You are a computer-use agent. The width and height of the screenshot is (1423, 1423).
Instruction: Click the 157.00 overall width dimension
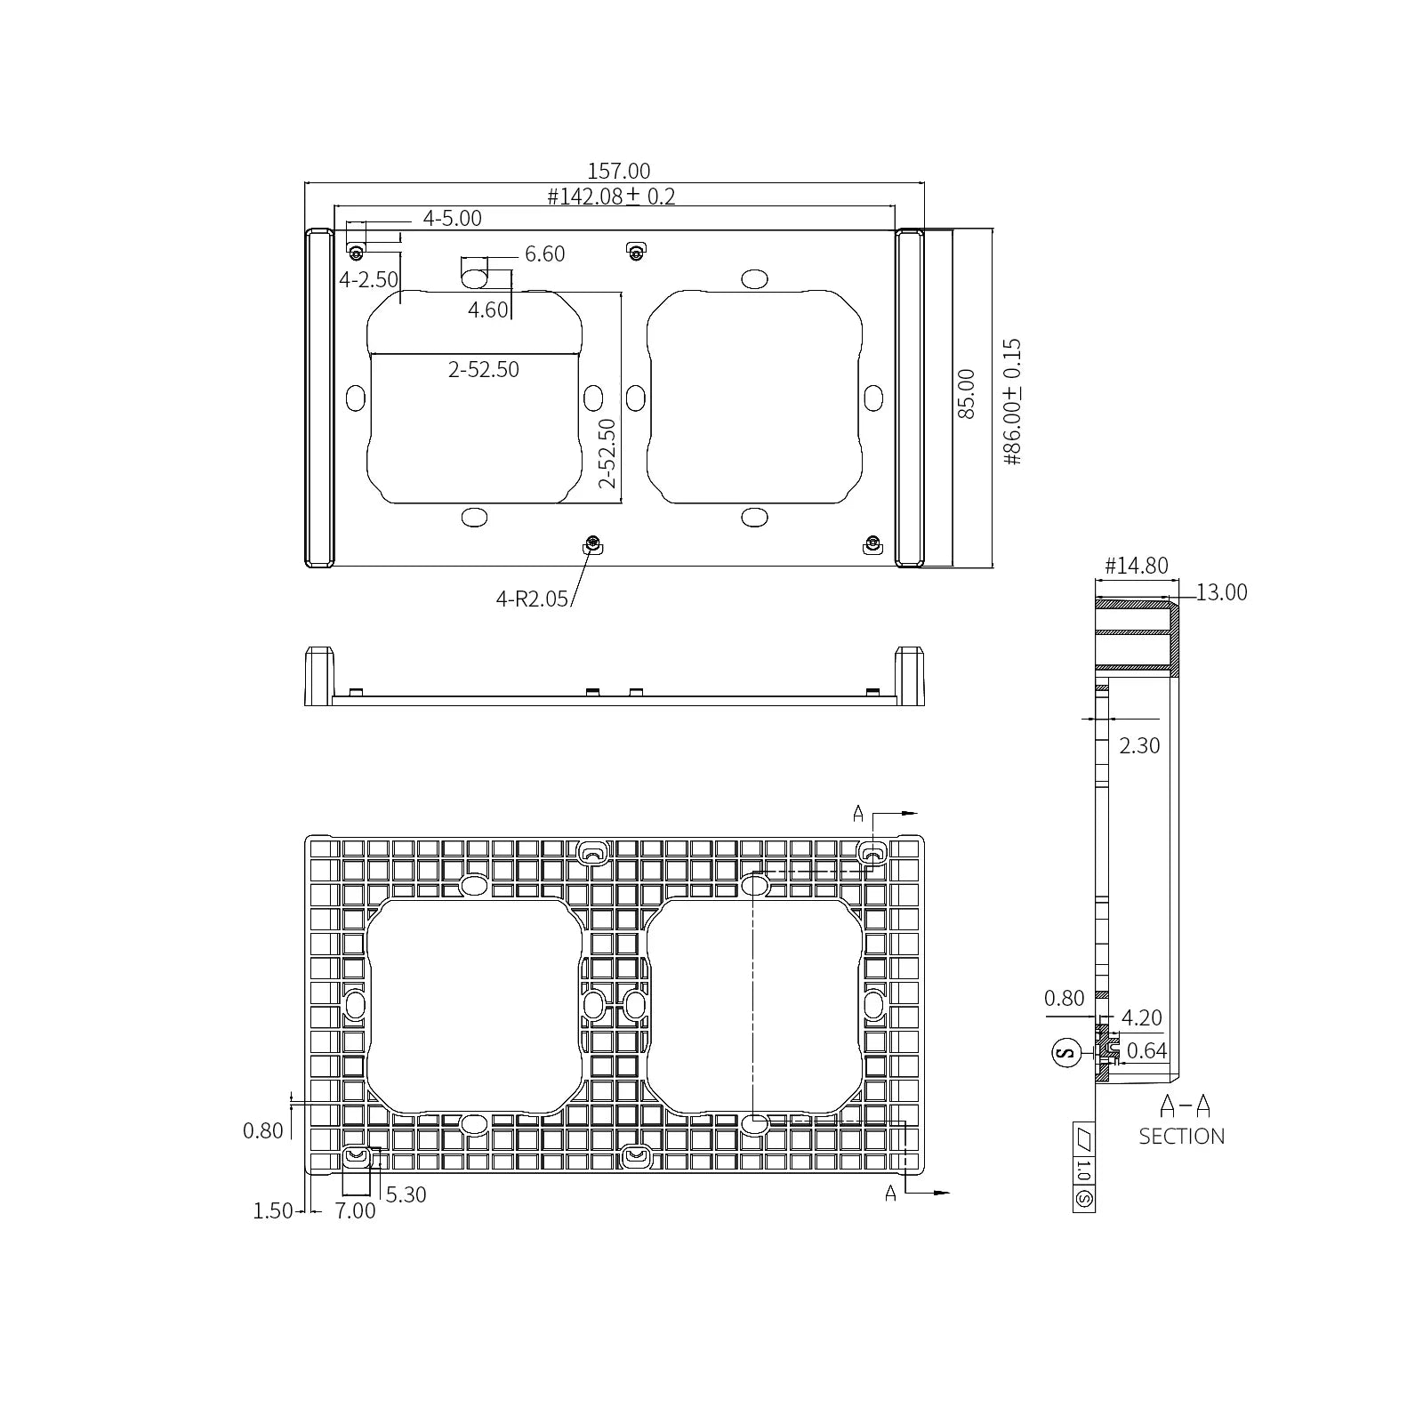[618, 171]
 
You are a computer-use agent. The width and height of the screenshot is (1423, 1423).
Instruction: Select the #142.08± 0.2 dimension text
[611, 197]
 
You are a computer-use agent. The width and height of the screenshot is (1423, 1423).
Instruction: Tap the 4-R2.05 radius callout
[531, 599]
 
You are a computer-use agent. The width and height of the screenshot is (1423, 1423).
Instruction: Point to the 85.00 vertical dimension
[966, 394]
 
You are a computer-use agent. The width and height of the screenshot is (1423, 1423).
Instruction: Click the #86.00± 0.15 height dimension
[1012, 401]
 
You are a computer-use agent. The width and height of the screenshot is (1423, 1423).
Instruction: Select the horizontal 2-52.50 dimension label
[483, 369]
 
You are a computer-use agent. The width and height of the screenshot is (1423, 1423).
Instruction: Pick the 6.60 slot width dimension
[544, 254]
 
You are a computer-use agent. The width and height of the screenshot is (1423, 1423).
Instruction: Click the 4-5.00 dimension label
[452, 218]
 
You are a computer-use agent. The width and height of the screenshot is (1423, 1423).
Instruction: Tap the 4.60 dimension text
[487, 310]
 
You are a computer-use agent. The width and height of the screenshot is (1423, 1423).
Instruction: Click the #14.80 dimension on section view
[1136, 566]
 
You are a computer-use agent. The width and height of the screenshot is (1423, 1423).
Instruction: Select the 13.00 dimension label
[1221, 592]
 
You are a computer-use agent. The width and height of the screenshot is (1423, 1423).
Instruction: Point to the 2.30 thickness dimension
[1139, 745]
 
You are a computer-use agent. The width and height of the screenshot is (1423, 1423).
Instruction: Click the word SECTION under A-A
[1181, 1136]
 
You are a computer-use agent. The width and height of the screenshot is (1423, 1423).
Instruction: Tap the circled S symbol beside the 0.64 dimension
[1065, 1053]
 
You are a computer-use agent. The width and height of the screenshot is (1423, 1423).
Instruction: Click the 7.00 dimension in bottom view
[355, 1210]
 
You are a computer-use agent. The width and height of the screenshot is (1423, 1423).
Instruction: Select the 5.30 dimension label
[406, 1194]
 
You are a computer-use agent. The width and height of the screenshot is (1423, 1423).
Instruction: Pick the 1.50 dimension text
[272, 1210]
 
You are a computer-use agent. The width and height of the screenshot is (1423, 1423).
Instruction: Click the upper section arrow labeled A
[859, 813]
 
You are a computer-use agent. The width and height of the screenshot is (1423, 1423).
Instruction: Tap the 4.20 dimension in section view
[1141, 1017]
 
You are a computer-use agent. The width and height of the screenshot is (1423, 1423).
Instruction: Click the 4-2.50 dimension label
[368, 279]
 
